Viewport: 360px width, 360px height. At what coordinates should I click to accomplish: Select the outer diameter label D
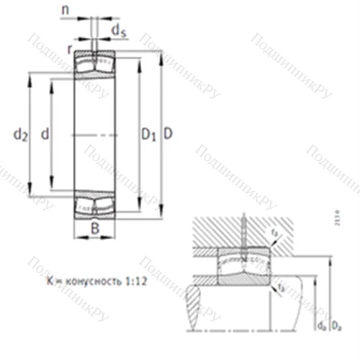167,133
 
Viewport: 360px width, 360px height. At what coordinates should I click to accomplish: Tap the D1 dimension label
148,133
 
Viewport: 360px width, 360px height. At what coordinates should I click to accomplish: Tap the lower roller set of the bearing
96,203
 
